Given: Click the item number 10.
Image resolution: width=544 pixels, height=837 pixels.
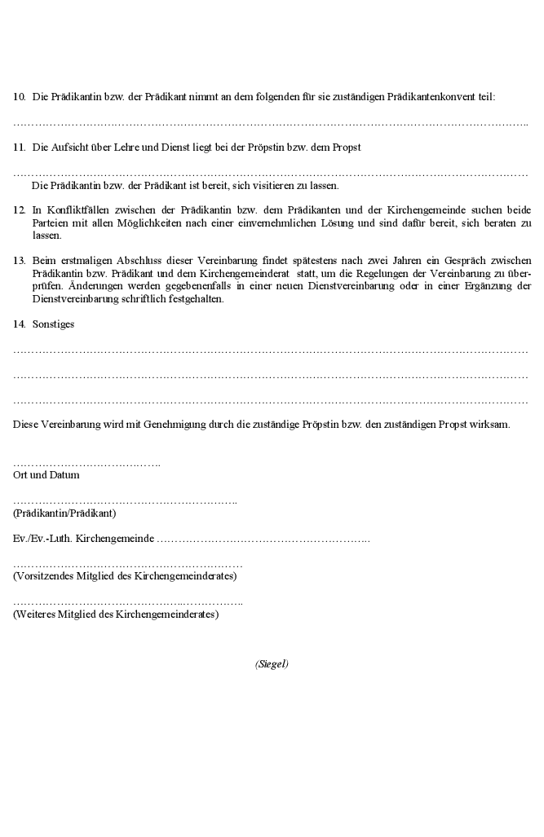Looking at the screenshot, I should [19, 97].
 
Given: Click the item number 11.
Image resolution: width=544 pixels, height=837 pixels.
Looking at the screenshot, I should [19, 148].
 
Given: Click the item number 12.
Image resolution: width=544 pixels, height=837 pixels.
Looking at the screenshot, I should [19, 210].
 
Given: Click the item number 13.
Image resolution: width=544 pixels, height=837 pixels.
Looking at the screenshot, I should [19, 261].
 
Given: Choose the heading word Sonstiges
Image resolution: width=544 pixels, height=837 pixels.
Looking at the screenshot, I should [53, 324].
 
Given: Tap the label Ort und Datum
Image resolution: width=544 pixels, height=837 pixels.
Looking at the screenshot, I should [46, 474].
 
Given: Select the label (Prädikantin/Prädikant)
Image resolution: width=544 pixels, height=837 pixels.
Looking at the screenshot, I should [64, 513].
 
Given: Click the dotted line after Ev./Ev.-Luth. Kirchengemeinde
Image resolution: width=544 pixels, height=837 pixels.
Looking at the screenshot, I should [263, 540].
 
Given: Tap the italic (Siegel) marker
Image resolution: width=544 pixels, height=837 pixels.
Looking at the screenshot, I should [272, 664].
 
